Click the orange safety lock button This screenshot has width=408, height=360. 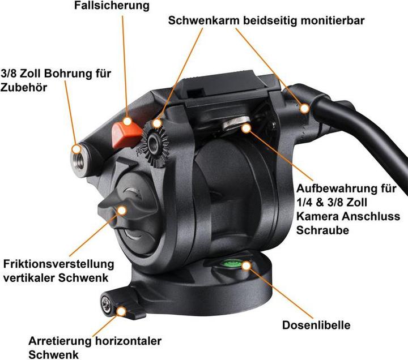(126, 135)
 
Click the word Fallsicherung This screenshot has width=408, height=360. (112, 6)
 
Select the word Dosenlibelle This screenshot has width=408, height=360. (316, 325)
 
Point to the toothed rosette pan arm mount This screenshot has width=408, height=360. (154, 143)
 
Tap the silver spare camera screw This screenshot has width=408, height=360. (236, 123)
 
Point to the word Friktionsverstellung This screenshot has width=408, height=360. (58, 264)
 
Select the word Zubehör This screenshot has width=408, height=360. (24, 87)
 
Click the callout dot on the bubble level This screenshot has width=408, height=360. (246, 265)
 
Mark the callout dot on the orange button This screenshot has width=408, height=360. (127, 121)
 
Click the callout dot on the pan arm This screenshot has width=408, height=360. (304, 108)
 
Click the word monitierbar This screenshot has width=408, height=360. (333, 20)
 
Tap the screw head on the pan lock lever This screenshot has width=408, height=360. (107, 303)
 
